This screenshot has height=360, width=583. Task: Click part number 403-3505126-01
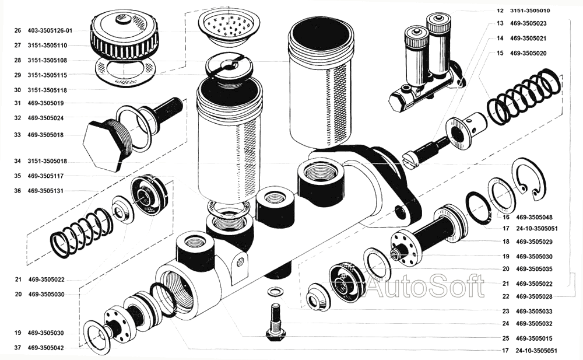coord(50,30)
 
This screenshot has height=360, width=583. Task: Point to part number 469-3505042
coord(45,348)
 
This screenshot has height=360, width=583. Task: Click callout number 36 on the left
coord(17,191)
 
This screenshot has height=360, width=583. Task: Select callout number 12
coord(500,11)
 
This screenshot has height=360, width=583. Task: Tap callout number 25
coord(505,338)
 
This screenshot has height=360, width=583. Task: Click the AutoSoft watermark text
coord(425,286)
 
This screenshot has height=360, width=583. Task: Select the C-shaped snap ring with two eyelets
coord(529,178)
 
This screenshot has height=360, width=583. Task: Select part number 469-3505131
coord(45,191)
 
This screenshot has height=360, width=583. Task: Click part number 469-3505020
coord(528,53)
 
